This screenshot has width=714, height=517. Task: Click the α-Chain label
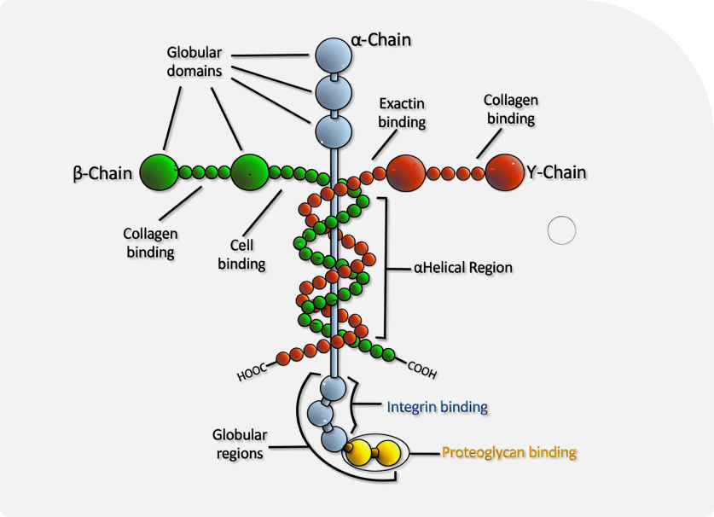[x=380, y=40]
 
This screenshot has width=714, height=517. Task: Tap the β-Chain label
[x=102, y=173]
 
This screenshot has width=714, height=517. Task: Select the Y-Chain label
[x=556, y=172]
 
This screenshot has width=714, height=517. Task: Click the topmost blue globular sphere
[x=334, y=55]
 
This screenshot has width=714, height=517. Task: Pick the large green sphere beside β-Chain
[x=159, y=172]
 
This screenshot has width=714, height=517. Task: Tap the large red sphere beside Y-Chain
[x=504, y=172]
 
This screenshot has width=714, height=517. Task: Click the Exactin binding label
[x=402, y=113]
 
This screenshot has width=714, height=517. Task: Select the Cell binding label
[x=241, y=254]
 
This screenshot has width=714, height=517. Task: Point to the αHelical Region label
[x=463, y=267]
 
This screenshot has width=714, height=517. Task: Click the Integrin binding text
[x=437, y=407]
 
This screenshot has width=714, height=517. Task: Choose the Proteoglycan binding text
[x=509, y=452]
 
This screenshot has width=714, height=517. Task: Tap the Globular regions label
[x=240, y=444]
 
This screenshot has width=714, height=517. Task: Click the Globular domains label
[x=194, y=61]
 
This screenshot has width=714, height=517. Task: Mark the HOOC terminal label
[x=252, y=372]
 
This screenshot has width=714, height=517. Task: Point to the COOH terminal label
[x=422, y=370]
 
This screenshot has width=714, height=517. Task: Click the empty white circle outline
[x=561, y=230]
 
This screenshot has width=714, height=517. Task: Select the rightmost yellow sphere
[x=388, y=452]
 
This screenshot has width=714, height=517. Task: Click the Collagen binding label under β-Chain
[x=150, y=243]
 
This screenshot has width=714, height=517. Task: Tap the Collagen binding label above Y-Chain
[x=511, y=109]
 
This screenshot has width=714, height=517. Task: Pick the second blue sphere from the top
[x=334, y=93]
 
